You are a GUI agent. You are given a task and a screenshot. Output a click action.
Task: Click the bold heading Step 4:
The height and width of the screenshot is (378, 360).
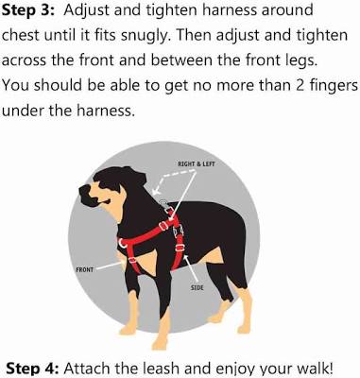(32, 369)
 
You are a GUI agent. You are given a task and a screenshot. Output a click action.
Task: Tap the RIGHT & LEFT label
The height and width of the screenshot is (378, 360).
(197, 163)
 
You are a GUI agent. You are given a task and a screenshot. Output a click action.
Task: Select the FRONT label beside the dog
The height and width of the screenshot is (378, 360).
(85, 269)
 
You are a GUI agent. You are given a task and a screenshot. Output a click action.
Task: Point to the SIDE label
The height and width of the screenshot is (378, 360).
(197, 287)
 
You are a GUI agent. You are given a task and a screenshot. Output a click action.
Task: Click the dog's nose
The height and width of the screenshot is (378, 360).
(84, 191)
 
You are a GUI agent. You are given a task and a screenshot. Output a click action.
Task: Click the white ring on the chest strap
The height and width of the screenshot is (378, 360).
(121, 243)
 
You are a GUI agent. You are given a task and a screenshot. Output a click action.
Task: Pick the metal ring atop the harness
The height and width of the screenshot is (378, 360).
(163, 202)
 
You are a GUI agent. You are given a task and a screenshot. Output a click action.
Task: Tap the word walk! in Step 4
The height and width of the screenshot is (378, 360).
(314, 369)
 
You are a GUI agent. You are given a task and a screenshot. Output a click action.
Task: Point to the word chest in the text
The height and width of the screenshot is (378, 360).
(21, 36)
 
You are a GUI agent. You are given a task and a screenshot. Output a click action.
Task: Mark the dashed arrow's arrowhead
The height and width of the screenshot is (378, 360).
(155, 191)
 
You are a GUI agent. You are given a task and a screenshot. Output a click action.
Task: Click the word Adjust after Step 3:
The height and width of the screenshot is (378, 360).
(86, 11)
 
